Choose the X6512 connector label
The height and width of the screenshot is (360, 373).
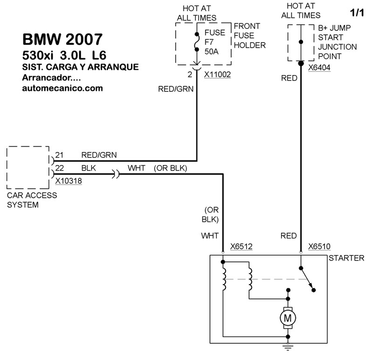[x=242, y=246]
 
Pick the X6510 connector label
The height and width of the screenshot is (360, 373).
[x=320, y=246]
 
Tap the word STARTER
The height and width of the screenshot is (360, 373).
[x=346, y=258]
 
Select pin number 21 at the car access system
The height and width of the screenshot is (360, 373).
[x=59, y=155]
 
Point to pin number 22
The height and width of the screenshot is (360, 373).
[x=59, y=168]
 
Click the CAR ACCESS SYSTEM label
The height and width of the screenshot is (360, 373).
[x=32, y=200]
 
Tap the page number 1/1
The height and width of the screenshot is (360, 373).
[x=356, y=11]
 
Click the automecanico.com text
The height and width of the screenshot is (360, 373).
[x=62, y=88]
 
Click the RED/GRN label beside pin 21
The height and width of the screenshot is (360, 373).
[x=99, y=155]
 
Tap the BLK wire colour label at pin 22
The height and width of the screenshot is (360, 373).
[x=89, y=168]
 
